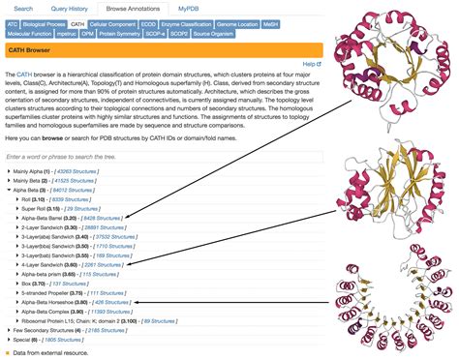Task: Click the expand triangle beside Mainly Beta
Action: click(x=9, y=181)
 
